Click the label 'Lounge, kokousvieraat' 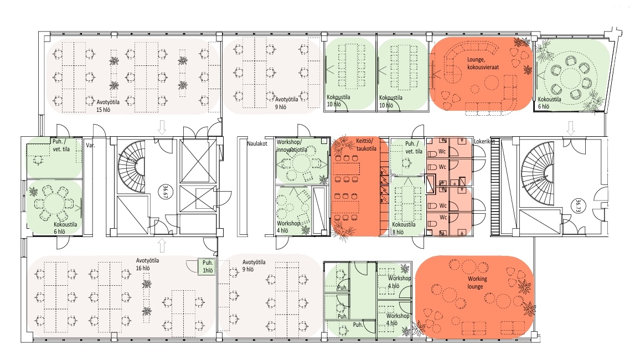coord(483,63)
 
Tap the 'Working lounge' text coord(477,282)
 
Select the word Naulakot coord(257,143)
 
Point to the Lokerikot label coord(484,141)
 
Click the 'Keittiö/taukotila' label coord(366,145)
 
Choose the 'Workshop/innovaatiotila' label coord(292,146)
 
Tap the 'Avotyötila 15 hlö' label coord(108,106)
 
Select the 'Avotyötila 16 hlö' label coord(147,264)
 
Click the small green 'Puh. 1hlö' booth coord(208,267)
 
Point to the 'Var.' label coord(90,145)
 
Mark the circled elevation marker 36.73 coord(579,205)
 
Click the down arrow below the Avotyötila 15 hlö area coord(162,127)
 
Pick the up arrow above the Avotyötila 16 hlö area coord(162,245)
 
